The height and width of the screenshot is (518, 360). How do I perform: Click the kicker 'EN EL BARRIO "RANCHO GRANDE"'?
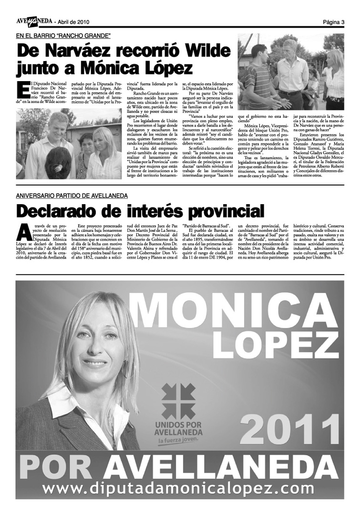(63, 36)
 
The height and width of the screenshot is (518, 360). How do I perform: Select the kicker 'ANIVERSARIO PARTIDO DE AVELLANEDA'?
(72, 196)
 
